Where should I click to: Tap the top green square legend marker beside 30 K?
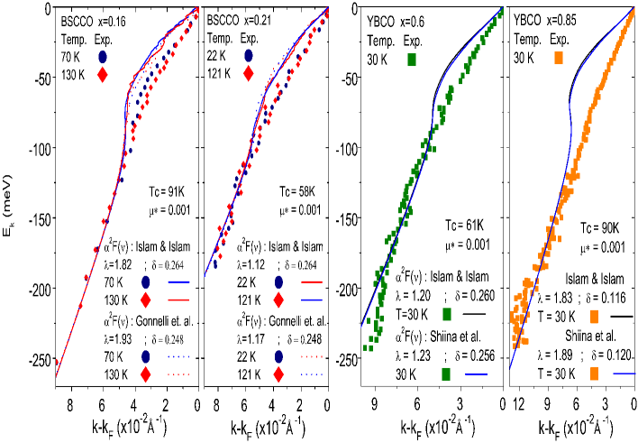pyautogui.click(x=413, y=60)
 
